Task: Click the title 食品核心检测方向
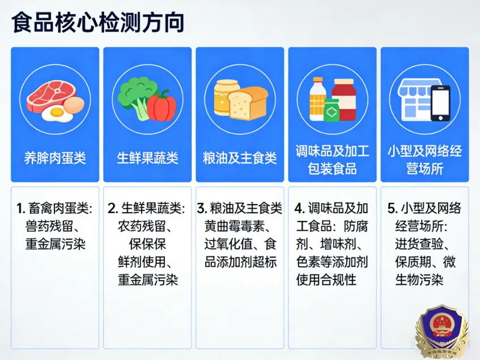[x=98, y=23]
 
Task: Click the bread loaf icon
[x=248, y=103]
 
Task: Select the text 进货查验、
[x=423, y=244]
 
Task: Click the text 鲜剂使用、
[x=147, y=262]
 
